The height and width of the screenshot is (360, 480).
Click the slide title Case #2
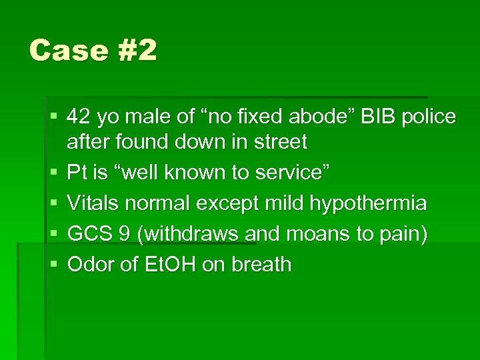(x=93, y=50)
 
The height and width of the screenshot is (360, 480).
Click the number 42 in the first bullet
(x=79, y=117)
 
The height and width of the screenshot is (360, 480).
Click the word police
(x=431, y=117)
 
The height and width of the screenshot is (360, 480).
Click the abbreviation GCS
(x=87, y=234)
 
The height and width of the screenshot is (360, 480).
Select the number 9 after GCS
(x=119, y=234)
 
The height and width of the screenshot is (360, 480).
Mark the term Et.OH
(x=166, y=265)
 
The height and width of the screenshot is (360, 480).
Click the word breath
(x=261, y=265)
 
